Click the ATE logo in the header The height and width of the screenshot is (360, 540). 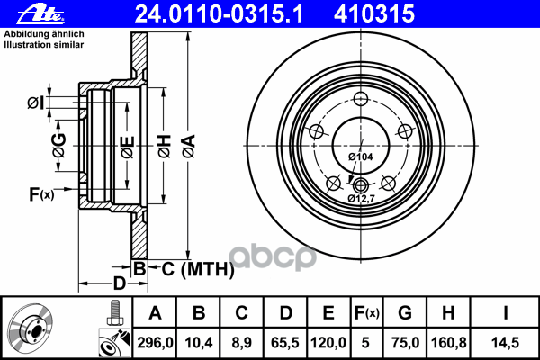tap(40, 14)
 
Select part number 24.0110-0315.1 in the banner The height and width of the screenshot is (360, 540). tap(219, 14)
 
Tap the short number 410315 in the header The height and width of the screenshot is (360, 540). tap(374, 14)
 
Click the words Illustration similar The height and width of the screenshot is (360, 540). tap(44, 45)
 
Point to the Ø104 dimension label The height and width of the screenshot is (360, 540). tap(360, 157)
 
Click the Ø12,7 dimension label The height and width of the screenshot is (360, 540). tap(361, 198)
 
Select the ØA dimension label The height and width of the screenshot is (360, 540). tap(189, 147)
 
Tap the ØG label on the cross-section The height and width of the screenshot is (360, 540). tap(59, 146)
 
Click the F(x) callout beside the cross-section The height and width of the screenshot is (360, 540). tap(41, 194)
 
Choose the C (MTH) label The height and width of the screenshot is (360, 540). tap(198, 269)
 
